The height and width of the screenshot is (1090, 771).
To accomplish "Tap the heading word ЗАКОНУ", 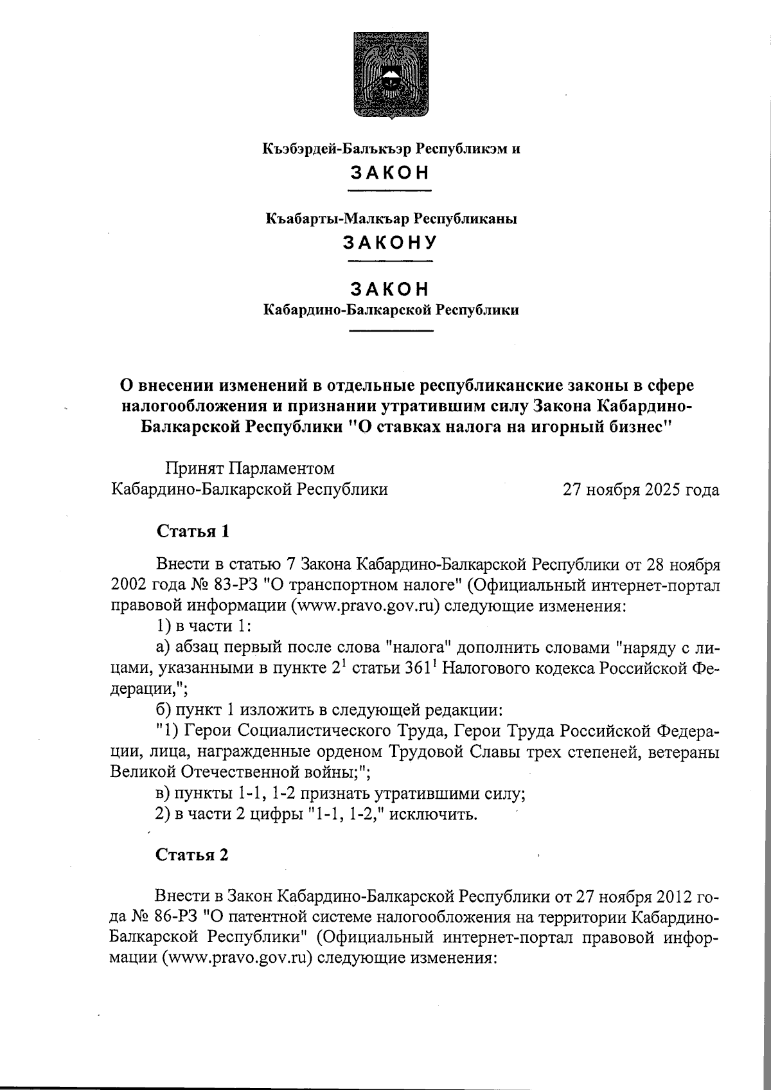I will (390, 243).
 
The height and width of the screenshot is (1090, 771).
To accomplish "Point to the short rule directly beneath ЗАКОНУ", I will (390, 262).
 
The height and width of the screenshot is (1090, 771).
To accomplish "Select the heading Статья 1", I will (193, 532).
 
